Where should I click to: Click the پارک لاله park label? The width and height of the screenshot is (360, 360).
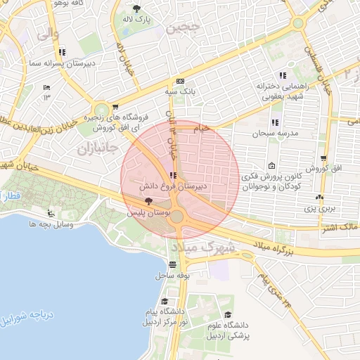[x=136, y=19]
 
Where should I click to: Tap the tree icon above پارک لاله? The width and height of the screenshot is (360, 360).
[x=136, y=8]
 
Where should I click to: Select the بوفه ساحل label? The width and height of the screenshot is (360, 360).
[x=172, y=276]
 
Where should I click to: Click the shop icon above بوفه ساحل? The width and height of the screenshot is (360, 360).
[x=172, y=265]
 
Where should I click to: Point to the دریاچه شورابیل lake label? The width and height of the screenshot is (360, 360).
[x=25, y=318]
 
